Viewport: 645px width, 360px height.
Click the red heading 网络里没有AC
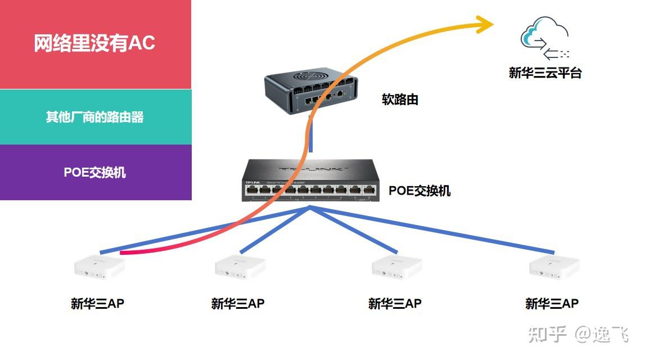tap(94, 43)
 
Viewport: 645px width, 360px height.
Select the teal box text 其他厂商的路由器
tap(94, 117)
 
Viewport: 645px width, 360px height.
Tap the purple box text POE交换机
tap(94, 172)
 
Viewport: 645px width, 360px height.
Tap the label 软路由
tap(400, 100)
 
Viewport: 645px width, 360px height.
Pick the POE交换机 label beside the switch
tap(420, 191)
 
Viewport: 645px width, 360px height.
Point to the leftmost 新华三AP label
tap(97, 304)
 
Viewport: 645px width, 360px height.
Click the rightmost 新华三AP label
tap(552, 304)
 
